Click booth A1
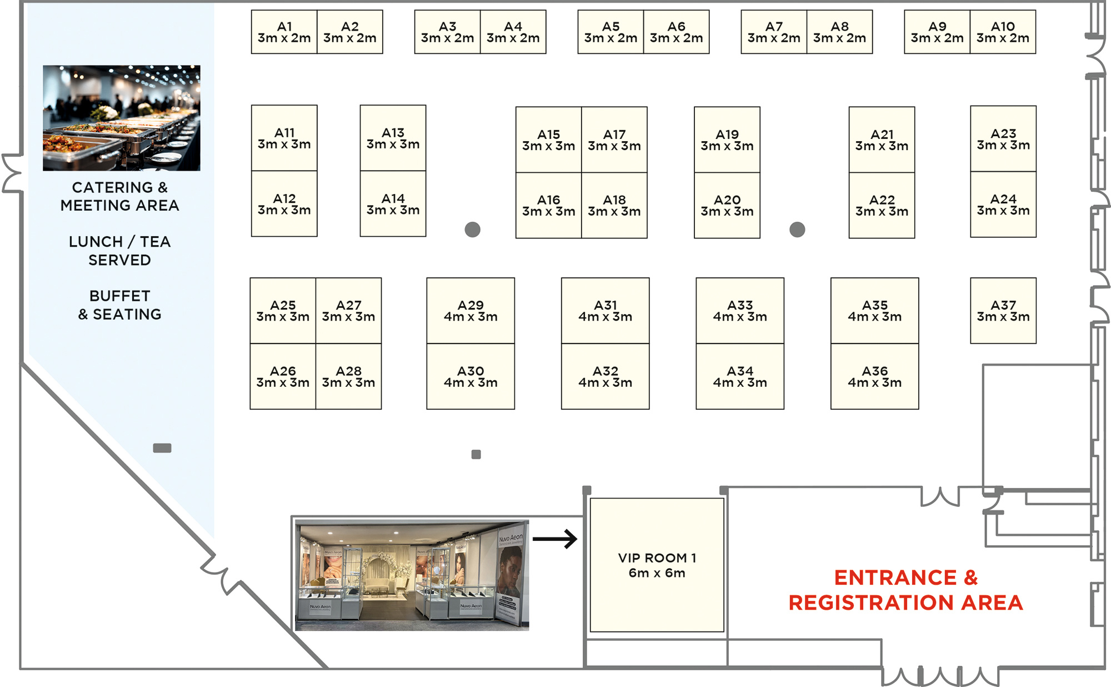284,32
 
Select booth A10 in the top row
1003,32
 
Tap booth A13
393,138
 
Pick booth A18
614,205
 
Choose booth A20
727,205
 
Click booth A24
1003,205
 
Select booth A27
349,311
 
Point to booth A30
471,376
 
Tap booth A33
740,311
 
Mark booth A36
875,376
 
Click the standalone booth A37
1003,311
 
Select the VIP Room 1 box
657,565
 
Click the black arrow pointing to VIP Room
555,539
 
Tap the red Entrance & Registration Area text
906,590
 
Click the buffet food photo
122,118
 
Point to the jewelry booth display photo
412,575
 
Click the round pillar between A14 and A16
473,230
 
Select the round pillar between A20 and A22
797,230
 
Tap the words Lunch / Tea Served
120,251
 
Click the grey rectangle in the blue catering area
162,448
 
